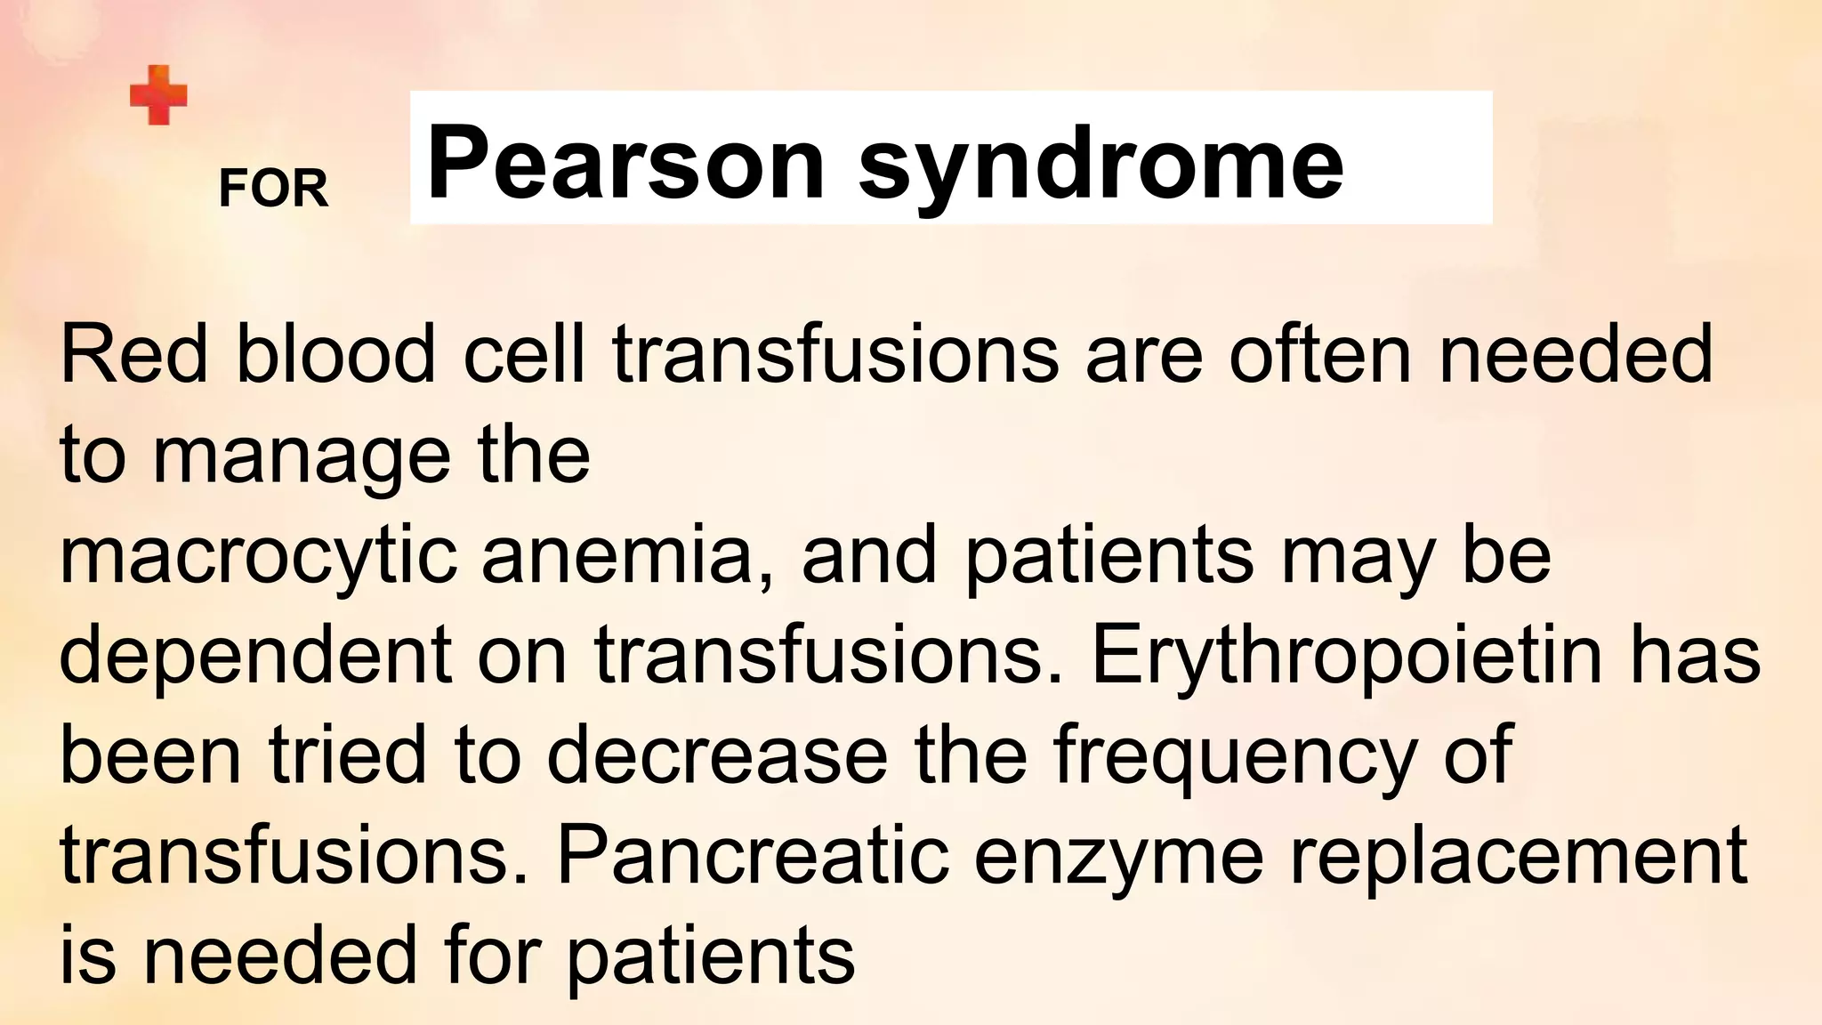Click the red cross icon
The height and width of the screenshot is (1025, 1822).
coord(158,95)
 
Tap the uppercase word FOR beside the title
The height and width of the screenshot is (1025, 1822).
coord(273,189)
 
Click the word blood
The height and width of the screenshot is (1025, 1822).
coord(335,354)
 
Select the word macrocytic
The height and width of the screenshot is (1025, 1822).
coord(258,556)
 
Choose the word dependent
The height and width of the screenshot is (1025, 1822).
coord(254,656)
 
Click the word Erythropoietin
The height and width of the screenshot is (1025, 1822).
coord(1346,656)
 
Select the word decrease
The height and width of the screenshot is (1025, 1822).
coord(717,755)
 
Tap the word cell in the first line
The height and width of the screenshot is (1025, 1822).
coord(524,354)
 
